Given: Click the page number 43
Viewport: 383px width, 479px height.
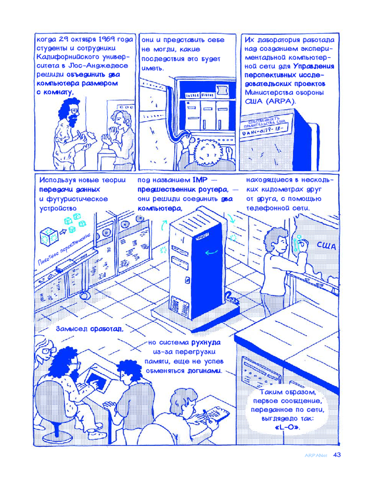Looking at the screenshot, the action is tap(337, 455).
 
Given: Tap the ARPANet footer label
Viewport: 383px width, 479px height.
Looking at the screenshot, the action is tap(316, 455).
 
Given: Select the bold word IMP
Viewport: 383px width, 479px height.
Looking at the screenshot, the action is tap(200, 180).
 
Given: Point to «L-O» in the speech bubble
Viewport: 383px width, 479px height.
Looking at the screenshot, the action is tap(287, 427).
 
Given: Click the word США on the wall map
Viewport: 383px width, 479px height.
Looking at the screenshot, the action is tap(326, 246).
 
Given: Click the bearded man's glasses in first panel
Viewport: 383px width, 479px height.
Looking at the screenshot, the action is tap(73, 110).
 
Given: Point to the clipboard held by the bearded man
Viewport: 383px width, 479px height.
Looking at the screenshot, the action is tap(89, 136).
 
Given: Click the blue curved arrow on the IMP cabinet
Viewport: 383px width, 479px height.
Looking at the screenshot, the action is tap(211, 252).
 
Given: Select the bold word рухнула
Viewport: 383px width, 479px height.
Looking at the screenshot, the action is tap(206, 342).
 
